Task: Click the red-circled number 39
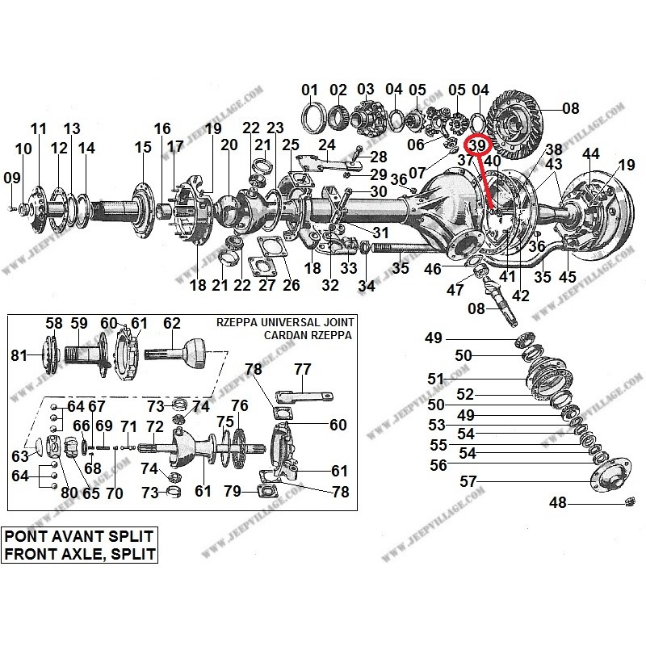coord(478,145)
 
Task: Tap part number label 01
coord(310,89)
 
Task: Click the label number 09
coord(11,178)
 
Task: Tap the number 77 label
coord(302,370)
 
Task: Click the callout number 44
coord(591,153)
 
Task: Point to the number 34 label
coord(367,286)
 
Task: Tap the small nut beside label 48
coord(628,504)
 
